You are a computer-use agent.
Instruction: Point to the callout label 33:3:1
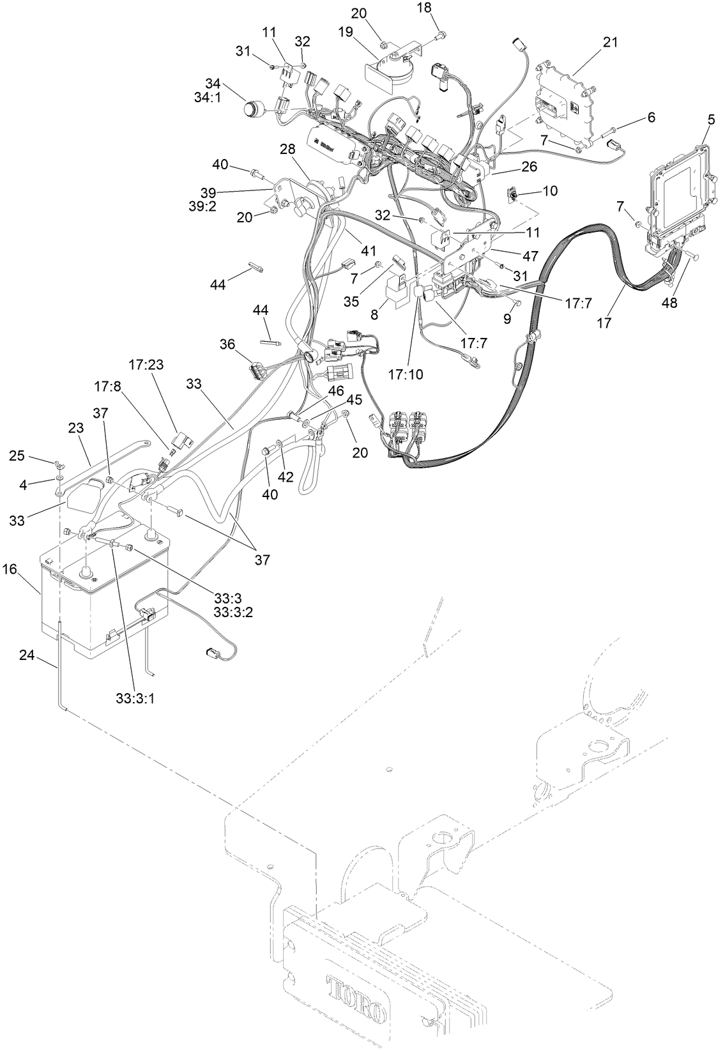(x=135, y=698)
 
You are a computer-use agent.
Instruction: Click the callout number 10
(x=550, y=190)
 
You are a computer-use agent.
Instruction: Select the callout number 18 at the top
(x=442, y=7)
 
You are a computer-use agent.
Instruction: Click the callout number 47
(x=530, y=256)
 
